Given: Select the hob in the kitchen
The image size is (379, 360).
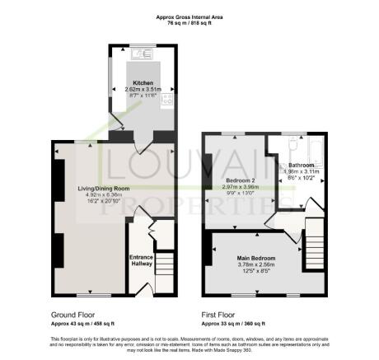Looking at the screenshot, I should pos(168,100).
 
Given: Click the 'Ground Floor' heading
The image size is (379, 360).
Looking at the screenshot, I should pos(70,314).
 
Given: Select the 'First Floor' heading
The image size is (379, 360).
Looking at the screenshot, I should pos(220,314).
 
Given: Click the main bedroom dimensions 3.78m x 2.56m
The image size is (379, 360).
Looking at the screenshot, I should pos(257,265).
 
